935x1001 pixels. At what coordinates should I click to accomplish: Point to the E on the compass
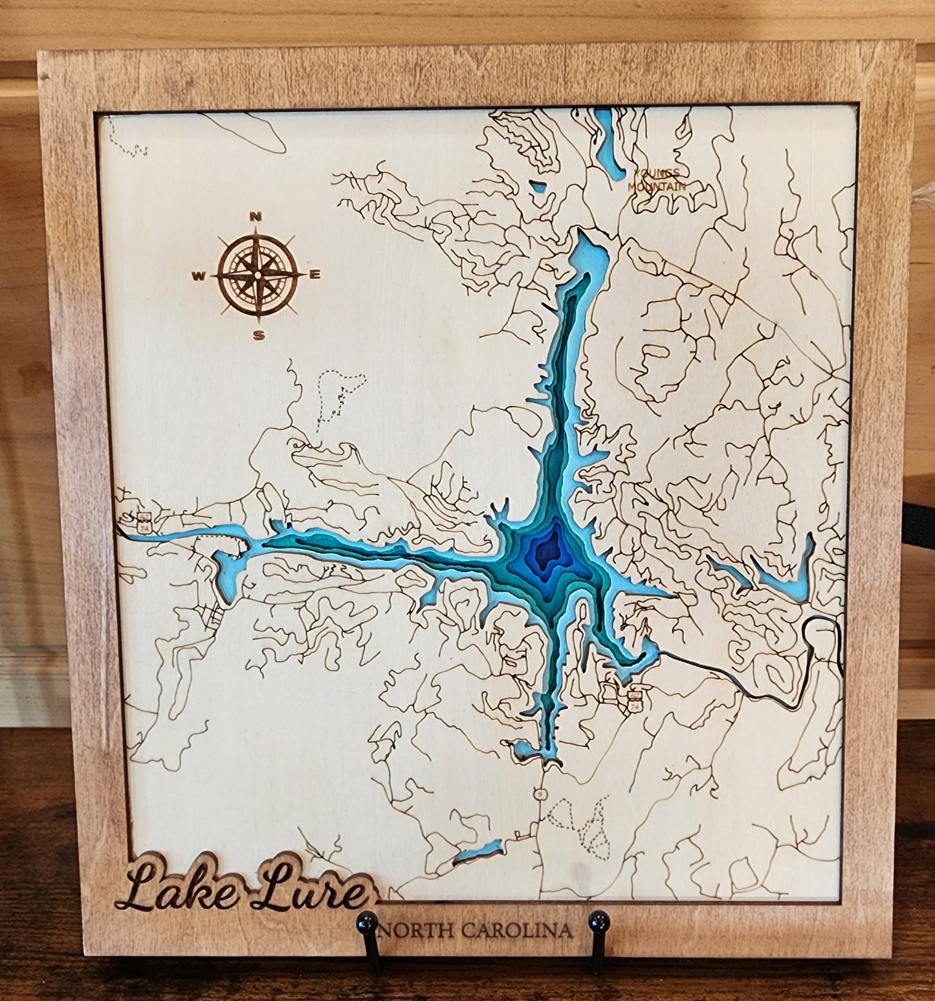(x=316, y=275)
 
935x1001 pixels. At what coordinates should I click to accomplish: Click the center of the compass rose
(x=257, y=276)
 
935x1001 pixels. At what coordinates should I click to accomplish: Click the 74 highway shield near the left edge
(x=142, y=523)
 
